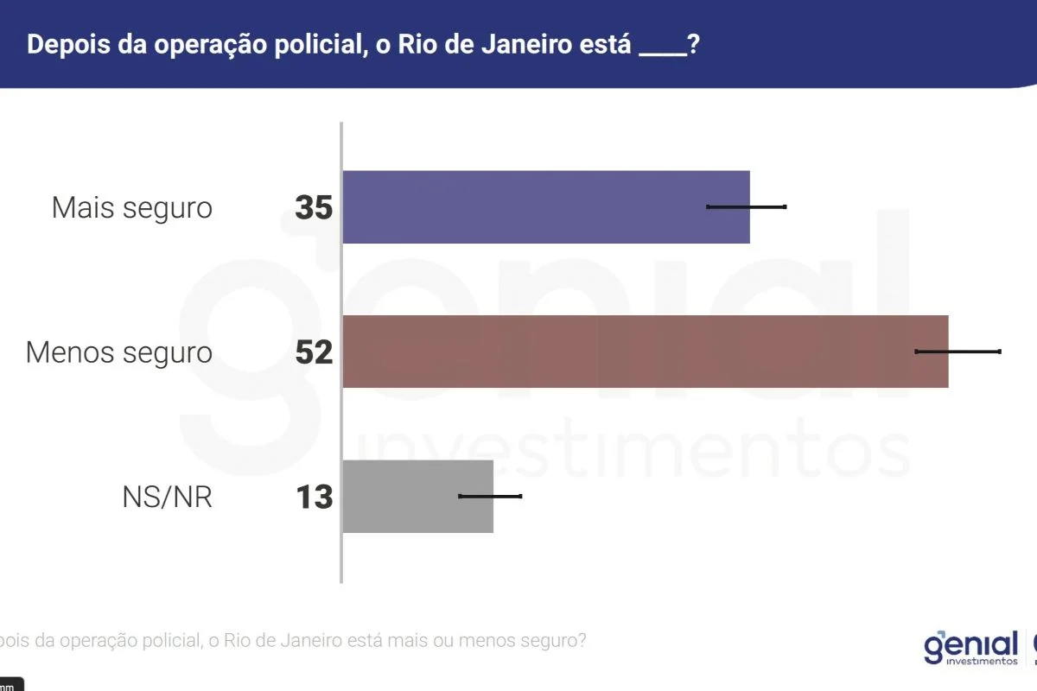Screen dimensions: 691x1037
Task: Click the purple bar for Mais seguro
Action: pyautogui.click(x=544, y=207)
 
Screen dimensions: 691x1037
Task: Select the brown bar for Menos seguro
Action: pyautogui.click(x=639, y=352)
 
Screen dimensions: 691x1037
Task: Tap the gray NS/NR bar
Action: pyautogui.click(x=417, y=496)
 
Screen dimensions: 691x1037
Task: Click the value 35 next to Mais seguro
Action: pyautogui.click(x=314, y=208)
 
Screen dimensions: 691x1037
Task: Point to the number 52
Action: pyautogui.click(x=314, y=352)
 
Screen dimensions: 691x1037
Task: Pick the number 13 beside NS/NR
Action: pyautogui.click(x=314, y=498)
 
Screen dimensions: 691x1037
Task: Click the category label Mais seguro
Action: pyautogui.click(x=131, y=208)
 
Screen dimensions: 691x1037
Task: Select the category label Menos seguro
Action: pyautogui.click(x=118, y=352)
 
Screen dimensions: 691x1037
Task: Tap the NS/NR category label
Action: pyautogui.click(x=168, y=498)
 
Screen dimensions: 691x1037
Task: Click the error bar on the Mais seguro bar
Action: pyautogui.click(x=747, y=206)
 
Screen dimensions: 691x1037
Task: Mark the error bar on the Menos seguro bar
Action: pyautogui.click(x=957, y=352)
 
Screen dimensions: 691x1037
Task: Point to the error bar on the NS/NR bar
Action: pyautogui.click(x=490, y=496)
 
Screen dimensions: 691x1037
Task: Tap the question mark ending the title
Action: pyautogui.click(x=693, y=45)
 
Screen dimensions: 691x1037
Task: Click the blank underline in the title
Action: pyautogui.click(x=661, y=52)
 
